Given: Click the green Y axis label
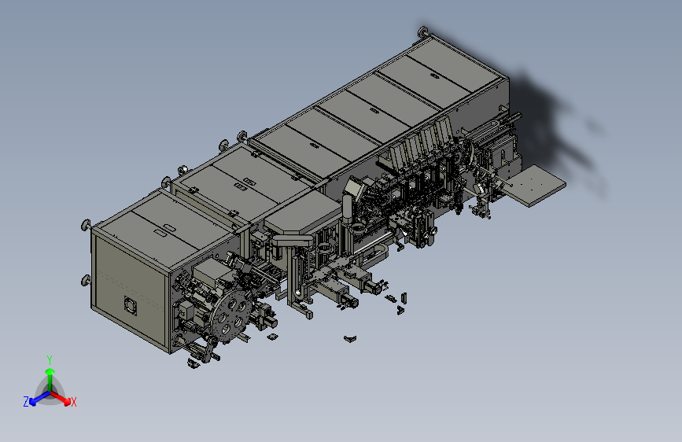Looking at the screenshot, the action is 50,359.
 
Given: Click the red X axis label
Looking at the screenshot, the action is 73,402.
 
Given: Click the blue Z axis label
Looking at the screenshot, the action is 26,402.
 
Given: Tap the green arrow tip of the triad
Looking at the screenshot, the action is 50,371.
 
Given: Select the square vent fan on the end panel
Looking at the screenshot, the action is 131,305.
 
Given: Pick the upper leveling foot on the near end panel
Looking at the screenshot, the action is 86,225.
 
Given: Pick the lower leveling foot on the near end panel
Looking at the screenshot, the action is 86,281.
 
